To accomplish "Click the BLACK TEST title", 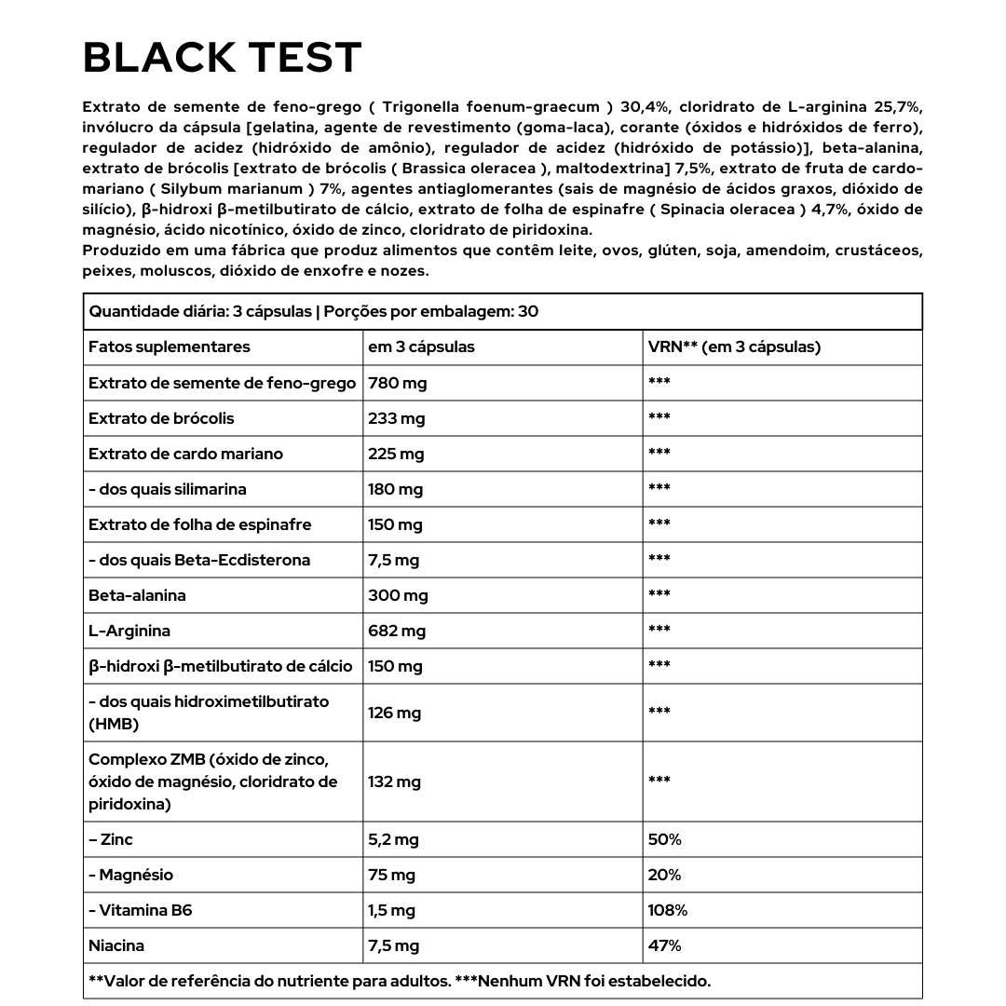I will click(222, 58).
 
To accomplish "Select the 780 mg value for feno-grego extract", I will click(398, 383).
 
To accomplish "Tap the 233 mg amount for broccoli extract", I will click(396, 418).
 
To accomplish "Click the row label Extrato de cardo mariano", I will click(185, 454).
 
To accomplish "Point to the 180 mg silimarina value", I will click(395, 489).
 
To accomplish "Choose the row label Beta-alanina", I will click(137, 595).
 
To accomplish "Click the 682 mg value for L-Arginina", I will click(397, 631).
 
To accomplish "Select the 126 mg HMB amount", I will click(395, 713).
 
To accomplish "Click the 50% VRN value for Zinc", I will click(664, 839).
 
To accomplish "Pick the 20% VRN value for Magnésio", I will click(664, 875).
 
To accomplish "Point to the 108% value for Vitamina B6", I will click(668, 910).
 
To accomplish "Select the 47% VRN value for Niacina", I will click(664, 945).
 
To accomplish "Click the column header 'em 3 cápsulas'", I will click(421, 347).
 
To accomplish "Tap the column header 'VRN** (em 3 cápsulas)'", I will click(734, 347).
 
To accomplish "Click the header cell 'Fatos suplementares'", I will click(170, 347).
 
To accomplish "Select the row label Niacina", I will click(116, 945).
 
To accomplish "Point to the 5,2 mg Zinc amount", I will click(393, 839).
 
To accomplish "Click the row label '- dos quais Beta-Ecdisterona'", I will click(199, 560).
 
